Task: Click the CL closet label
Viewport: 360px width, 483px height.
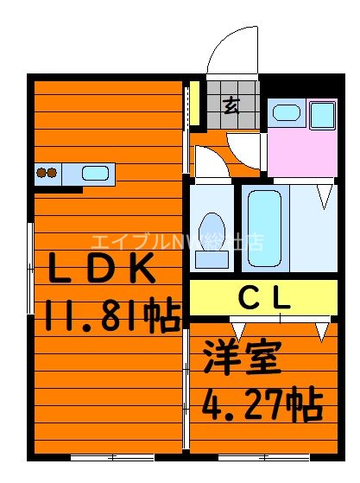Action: pyautogui.click(x=264, y=299)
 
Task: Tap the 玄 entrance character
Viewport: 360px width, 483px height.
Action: pyautogui.click(x=231, y=106)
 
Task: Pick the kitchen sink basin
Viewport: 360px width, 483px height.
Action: pyautogui.click(x=96, y=173)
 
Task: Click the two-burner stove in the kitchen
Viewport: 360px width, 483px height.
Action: pyautogui.click(x=47, y=173)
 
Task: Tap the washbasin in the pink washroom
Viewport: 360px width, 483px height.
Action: pyautogui.click(x=286, y=112)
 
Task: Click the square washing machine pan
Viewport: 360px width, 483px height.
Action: pyautogui.click(x=323, y=114)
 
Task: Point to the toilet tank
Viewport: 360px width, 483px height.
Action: pyautogui.click(x=211, y=258)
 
